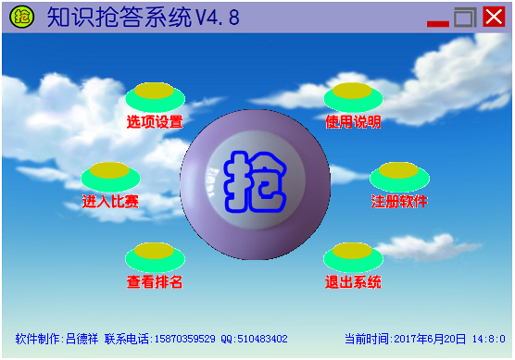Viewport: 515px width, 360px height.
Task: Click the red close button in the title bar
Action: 494,17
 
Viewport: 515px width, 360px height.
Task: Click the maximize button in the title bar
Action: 465,17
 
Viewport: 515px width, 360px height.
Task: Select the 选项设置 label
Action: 155,121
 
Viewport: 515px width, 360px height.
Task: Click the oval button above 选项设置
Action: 155,94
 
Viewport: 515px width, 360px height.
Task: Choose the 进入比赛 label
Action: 110,201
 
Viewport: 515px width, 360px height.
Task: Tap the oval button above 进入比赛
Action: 110,174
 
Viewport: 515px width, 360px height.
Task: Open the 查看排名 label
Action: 155,281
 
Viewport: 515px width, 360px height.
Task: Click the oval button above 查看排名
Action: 155,254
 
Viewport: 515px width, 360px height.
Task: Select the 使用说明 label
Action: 353,121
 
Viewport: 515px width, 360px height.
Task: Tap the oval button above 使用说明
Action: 353,94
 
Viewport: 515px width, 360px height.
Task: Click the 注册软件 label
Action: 399,201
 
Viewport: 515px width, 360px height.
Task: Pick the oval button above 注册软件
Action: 399,174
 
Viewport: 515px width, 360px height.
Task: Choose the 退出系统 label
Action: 353,281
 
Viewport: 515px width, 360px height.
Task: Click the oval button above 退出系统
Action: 353,254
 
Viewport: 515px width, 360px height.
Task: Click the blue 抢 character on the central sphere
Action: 255,180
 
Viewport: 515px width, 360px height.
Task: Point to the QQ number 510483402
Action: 261,339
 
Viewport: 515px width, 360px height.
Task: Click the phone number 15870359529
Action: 183,339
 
